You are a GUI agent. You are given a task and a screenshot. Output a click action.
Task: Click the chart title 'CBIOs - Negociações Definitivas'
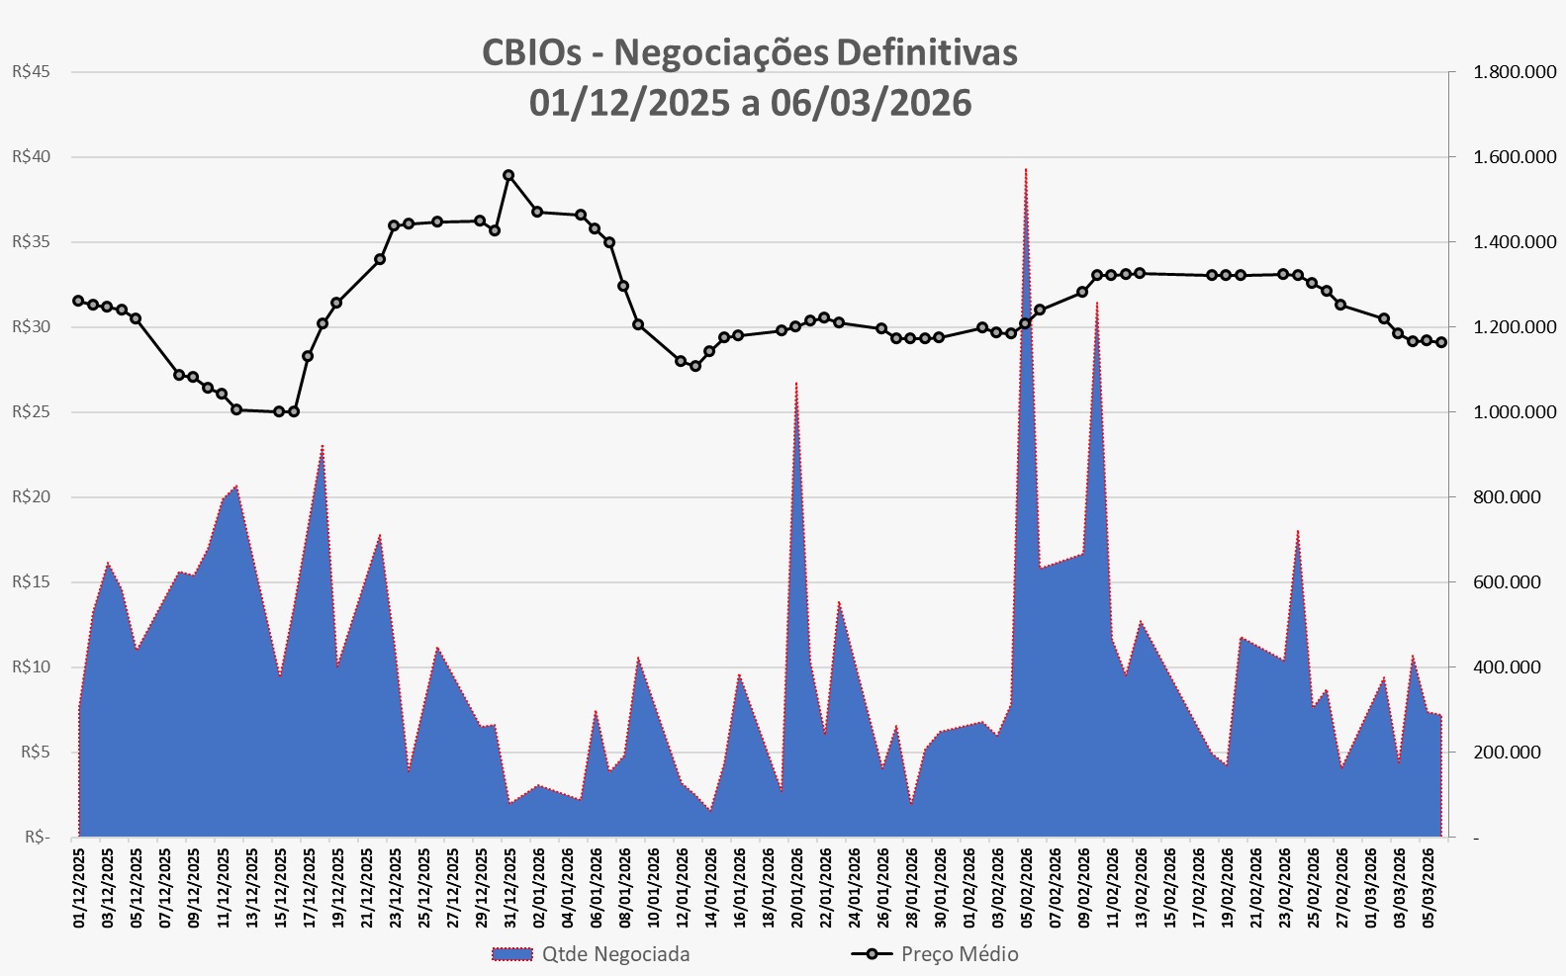749,52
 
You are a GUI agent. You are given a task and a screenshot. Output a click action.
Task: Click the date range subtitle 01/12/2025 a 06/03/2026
749,103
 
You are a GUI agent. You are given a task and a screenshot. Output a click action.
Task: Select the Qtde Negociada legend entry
591,954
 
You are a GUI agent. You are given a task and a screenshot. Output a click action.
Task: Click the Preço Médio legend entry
935,954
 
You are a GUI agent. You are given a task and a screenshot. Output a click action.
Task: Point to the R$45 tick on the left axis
30,72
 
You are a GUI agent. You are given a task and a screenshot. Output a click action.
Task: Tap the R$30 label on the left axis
30,327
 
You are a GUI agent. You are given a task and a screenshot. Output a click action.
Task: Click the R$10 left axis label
30,667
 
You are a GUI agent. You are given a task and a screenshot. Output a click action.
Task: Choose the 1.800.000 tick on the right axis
1514,72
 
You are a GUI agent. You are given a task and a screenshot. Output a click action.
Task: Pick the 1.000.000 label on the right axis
1514,412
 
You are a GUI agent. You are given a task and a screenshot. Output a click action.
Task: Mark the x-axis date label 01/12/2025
79,885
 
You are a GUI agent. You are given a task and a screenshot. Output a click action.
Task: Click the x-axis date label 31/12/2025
509,885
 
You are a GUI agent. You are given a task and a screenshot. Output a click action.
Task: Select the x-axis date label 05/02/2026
1026,885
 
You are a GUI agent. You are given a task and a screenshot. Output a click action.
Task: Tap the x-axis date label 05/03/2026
1428,885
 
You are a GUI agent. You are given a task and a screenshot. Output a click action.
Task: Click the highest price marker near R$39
508,175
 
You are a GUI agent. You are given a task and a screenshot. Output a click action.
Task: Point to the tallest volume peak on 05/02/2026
1025,169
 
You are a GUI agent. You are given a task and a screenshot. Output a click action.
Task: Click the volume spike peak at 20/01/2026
796,383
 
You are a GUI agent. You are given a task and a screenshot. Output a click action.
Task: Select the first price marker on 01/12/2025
78,301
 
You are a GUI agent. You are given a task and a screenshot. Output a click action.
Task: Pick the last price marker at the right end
1441,342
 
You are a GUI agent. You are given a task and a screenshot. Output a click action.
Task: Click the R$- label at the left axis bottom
35,838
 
